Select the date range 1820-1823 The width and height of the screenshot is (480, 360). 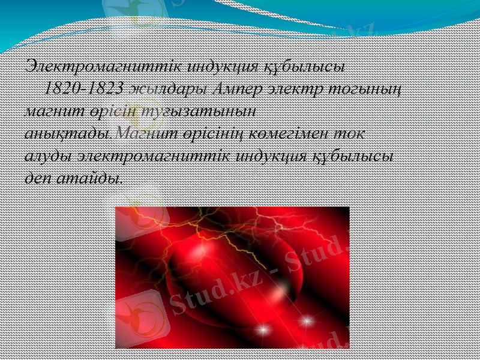coord(84,88)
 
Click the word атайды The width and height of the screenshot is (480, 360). coord(94,178)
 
